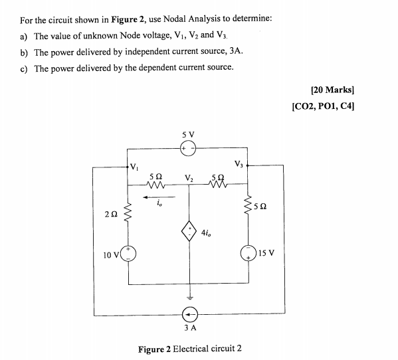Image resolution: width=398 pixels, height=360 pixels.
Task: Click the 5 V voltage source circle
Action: (187, 149)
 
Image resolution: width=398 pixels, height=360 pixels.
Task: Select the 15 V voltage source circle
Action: (250, 254)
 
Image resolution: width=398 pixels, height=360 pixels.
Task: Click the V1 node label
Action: (135, 166)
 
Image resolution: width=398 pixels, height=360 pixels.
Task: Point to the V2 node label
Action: (189, 179)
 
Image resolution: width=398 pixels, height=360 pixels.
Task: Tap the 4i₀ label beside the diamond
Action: (211, 234)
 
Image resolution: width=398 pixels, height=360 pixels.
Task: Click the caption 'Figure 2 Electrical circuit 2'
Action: (189, 348)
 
